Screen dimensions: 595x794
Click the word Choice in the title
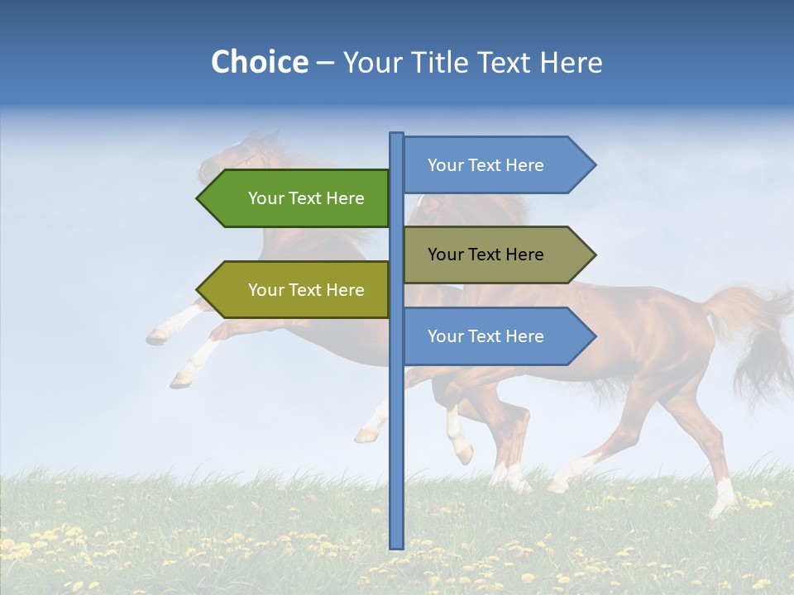[x=259, y=63]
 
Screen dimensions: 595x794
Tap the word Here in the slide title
[x=572, y=63]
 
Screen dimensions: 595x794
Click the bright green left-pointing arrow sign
[x=298, y=198]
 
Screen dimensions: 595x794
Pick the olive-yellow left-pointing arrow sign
[x=298, y=290]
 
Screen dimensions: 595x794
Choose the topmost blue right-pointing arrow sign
[x=496, y=165]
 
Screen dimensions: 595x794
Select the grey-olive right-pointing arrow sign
[x=496, y=255]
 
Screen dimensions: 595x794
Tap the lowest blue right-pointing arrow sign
[x=496, y=336]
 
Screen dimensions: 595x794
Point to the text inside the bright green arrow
[x=306, y=198]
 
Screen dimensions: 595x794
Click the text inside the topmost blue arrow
[x=485, y=165]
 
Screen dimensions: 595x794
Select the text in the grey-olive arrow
[x=485, y=255]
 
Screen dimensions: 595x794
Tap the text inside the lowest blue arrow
[x=485, y=336]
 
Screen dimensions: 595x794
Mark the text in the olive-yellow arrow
[x=306, y=290]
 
